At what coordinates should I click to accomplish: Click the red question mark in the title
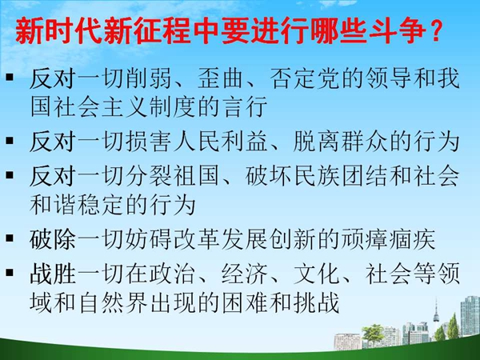coord(434,31)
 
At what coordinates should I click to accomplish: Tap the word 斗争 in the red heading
coord(398,31)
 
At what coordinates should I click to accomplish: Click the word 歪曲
coord(221,78)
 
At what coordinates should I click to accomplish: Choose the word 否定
coord(293,78)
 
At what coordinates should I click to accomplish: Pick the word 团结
coord(365,176)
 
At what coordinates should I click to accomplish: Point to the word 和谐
coord(53,205)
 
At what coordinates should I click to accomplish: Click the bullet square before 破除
coord(10,238)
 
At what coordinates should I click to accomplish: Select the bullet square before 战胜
coord(10,273)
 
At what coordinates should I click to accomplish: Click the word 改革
coord(197,239)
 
